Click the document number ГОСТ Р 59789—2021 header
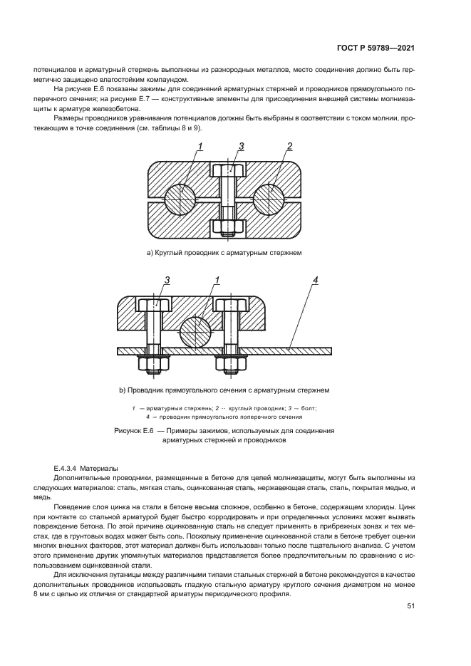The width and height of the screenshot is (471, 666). point(375,48)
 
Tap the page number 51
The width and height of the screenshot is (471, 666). point(410,606)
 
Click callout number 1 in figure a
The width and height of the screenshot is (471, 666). point(200,147)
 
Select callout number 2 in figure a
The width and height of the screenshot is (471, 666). point(289,147)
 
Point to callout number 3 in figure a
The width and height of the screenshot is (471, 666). point(242,147)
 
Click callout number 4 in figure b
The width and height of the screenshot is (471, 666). point(315,281)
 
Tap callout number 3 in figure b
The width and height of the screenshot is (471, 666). point(167,281)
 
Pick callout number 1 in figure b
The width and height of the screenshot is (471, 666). point(217,281)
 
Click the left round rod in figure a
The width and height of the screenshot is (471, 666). point(180,199)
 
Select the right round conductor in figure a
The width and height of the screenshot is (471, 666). point(269,199)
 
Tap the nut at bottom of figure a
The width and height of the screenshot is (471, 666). point(229,227)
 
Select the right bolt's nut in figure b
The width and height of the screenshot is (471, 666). point(230,363)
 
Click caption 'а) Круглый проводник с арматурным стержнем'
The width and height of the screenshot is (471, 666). point(224,253)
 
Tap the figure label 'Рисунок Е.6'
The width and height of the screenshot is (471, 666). point(133,431)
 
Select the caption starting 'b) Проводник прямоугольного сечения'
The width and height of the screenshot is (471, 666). point(224,390)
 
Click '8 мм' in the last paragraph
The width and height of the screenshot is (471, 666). point(41,594)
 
